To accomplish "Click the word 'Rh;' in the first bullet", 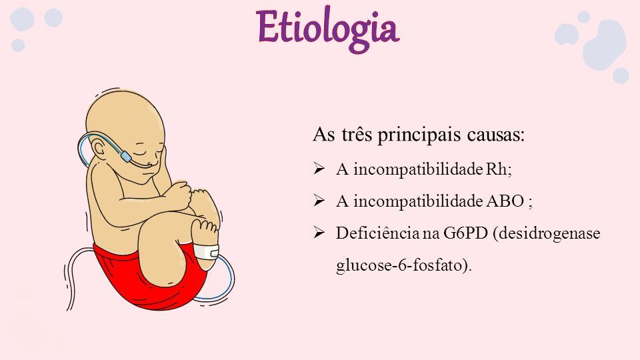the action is click(499, 169).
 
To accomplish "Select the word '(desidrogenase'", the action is click(547, 234).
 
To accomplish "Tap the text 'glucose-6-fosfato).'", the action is click(404, 266).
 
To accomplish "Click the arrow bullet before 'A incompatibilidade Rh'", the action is click(319, 168).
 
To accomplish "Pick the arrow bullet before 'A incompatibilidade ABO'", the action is click(319, 201).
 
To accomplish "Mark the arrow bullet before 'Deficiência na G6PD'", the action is click(319, 233).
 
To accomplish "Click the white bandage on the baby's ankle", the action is click(206, 251).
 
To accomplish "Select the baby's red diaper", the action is click(151, 277).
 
